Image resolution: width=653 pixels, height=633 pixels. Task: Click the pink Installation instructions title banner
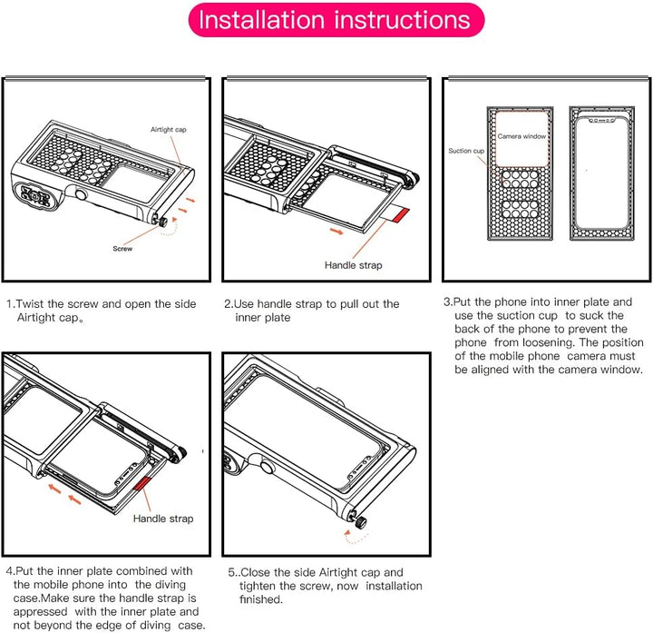335,20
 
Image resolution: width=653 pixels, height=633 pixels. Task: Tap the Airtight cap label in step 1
169,130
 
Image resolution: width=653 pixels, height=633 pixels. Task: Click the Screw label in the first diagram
123,248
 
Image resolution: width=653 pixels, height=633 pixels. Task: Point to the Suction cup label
466,151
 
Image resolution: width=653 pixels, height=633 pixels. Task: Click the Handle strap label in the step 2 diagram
353,265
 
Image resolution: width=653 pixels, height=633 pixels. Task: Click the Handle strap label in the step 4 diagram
163,519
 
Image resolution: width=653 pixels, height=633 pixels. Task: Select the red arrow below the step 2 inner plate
336,232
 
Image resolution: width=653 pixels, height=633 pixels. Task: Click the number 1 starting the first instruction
9,304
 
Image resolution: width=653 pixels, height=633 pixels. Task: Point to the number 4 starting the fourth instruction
9,570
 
